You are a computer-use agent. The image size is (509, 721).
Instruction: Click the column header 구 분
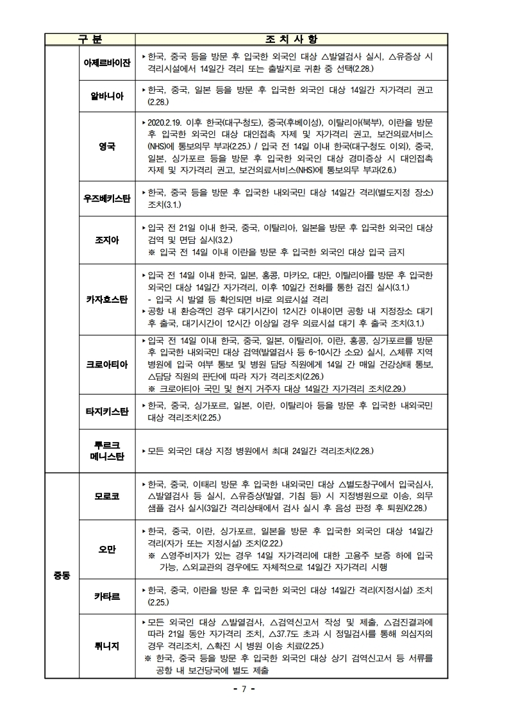pos(90,39)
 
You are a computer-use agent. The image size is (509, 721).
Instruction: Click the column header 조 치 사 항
pos(291,39)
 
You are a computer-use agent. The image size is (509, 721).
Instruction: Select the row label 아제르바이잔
pos(107,62)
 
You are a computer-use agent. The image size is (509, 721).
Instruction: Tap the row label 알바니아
pos(107,97)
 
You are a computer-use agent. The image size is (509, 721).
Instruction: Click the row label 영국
pos(107,146)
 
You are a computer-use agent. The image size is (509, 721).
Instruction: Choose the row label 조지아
pos(107,240)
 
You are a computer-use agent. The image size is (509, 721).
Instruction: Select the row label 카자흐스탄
pos(107,299)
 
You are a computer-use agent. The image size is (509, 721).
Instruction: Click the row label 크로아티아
pos(107,364)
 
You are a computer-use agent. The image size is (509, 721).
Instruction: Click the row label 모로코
pos(107,497)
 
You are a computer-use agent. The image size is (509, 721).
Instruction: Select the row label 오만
pos(107,549)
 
